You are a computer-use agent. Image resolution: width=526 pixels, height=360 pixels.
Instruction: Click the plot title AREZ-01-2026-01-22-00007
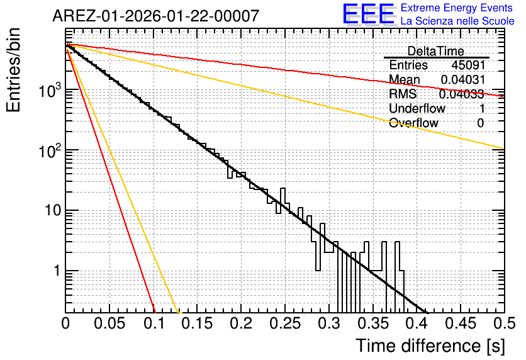point(155,16)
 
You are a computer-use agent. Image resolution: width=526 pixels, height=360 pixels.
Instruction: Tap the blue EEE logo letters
point(369,14)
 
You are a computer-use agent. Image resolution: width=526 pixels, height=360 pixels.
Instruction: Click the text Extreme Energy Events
point(457,8)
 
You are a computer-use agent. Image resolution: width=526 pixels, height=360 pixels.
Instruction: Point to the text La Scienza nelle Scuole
point(457,21)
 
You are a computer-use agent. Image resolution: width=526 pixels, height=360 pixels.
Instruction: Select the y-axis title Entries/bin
point(13,70)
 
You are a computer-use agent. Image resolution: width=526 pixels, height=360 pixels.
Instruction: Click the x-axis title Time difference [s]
point(430,346)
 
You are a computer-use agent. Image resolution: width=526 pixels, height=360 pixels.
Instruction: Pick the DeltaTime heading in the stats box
point(436,51)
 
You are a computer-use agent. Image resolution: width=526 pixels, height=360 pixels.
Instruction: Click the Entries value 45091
point(468,65)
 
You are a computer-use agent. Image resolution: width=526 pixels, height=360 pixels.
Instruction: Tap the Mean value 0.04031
point(463,79)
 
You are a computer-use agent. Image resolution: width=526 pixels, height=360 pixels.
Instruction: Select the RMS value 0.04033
point(462,94)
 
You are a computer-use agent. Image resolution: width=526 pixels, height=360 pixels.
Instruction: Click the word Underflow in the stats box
point(417,108)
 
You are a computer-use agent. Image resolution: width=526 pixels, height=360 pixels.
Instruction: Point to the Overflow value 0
point(481,123)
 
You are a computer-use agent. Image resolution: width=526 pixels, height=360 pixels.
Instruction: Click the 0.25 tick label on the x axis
point(285,323)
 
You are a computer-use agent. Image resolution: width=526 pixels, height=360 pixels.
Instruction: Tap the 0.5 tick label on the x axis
point(505,323)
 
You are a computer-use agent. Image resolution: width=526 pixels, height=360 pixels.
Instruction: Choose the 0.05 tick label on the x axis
point(109,323)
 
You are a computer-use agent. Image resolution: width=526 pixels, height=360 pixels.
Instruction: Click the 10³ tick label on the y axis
point(50,90)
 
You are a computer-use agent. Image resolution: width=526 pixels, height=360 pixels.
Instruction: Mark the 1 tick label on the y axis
point(57,271)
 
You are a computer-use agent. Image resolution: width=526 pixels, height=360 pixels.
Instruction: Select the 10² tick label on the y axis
point(50,150)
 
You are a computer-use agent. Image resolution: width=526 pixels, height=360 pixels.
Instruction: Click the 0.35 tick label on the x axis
point(373,323)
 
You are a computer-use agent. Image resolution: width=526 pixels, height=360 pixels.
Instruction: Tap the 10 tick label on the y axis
point(53,210)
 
